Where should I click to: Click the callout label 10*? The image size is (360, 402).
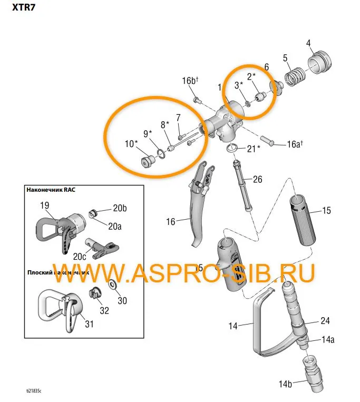(131, 143)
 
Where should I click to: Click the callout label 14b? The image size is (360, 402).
(285, 384)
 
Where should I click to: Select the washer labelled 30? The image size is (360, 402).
(113, 285)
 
